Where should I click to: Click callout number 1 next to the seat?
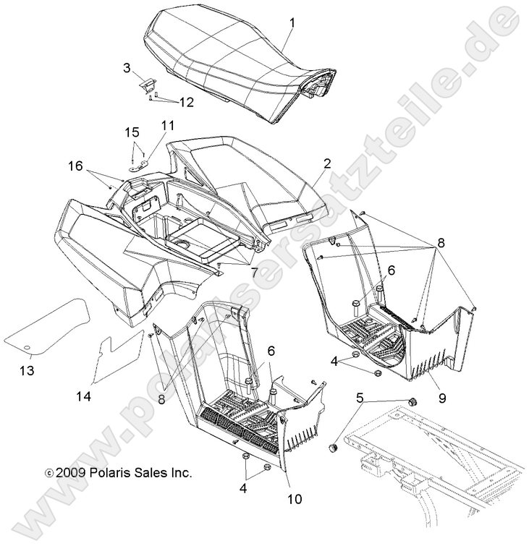pyautogui.click(x=292, y=23)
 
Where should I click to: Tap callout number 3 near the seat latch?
pyautogui.click(x=127, y=68)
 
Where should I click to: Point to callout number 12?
pyautogui.click(x=187, y=103)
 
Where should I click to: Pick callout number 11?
pyautogui.click(x=168, y=125)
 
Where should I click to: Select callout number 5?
pyautogui.click(x=360, y=397)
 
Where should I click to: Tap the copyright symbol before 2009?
pyautogui.click(x=49, y=473)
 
